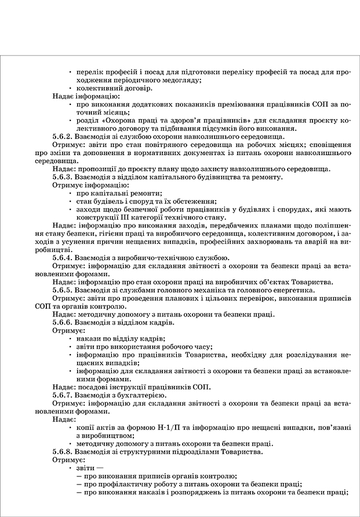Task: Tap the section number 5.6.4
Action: tap(62, 258)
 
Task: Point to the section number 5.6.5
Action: tap(62, 290)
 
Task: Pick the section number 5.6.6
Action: tap(62, 322)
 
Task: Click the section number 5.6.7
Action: tap(62, 395)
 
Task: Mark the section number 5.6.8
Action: tap(62, 451)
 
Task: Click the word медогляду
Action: tap(181, 80)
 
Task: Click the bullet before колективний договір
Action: tap(70, 88)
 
